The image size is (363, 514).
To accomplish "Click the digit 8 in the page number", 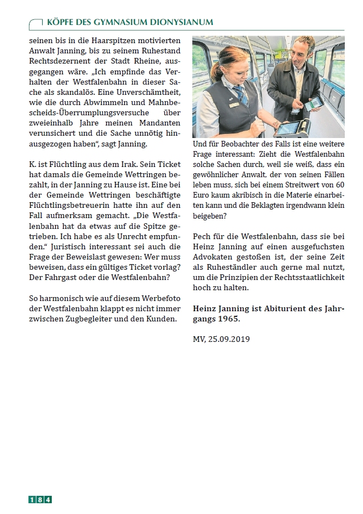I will coord(40,499).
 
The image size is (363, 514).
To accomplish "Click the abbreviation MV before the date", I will coord(199,339).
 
